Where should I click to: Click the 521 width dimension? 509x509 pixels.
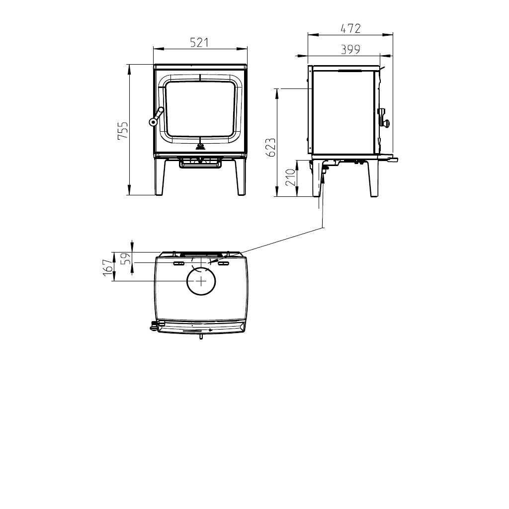pyautogui.click(x=199, y=43)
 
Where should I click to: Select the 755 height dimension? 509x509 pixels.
pyautogui.click(x=123, y=131)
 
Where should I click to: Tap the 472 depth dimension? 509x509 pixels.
pyautogui.click(x=350, y=28)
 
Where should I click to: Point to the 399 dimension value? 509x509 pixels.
pyautogui.click(x=350, y=49)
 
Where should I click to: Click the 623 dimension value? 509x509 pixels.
pyautogui.click(x=271, y=147)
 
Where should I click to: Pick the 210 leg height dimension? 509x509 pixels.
pyautogui.click(x=290, y=177)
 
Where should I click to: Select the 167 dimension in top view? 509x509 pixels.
pyautogui.click(x=108, y=268)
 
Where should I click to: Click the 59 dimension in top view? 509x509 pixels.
pyautogui.click(x=126, y=258)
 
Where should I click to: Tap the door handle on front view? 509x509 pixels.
pyautogui.click(x=156, y=116)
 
